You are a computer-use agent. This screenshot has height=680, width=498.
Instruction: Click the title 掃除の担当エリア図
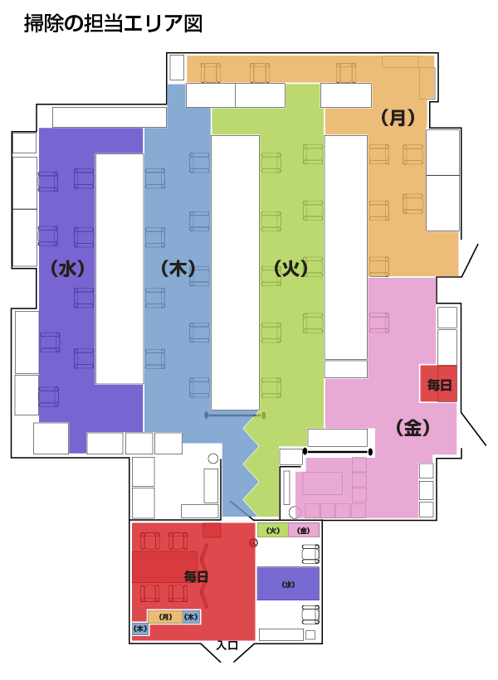(x=113, y=23)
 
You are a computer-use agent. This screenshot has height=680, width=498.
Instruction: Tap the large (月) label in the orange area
(x=398, y=117)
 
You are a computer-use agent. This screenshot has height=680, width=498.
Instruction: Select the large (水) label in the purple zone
(x=67, y=269)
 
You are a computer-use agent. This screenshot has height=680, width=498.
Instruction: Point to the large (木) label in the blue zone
(x=178, y=269)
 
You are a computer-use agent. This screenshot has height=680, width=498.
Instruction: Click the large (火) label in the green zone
(x=290, y=269)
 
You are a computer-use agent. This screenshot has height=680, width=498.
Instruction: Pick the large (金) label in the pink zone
(x=413, y=428)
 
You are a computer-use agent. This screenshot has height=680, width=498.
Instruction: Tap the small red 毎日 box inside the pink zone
(x=438, y=384)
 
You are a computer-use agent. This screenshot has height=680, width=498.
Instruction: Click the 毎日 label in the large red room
(x=196, y=576)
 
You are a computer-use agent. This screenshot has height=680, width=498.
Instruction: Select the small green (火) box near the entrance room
(x=273, y=530)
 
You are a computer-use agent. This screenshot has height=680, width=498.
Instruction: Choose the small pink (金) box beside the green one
(x=304, y=530)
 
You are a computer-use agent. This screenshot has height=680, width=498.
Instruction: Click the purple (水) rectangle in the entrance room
(x=288, y=584)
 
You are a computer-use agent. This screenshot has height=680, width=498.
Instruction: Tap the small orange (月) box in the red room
(x=165, y=617)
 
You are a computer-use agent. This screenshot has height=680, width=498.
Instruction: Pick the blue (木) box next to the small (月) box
(x=191, y=617)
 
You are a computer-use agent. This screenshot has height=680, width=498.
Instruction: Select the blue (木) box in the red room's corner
(x=140, y=629)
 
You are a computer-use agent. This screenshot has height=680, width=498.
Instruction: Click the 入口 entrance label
(x=227, y=645)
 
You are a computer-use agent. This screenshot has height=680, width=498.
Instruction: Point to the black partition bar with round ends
(x=338, y=452)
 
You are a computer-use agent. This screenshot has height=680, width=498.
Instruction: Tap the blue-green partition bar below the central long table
(x=235, y=415)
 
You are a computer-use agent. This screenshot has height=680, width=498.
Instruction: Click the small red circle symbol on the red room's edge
(x=253, y=542)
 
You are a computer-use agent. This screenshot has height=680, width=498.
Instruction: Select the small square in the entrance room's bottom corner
(x=310, y=635)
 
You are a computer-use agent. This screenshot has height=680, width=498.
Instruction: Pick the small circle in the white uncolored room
(x=213, y=459)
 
